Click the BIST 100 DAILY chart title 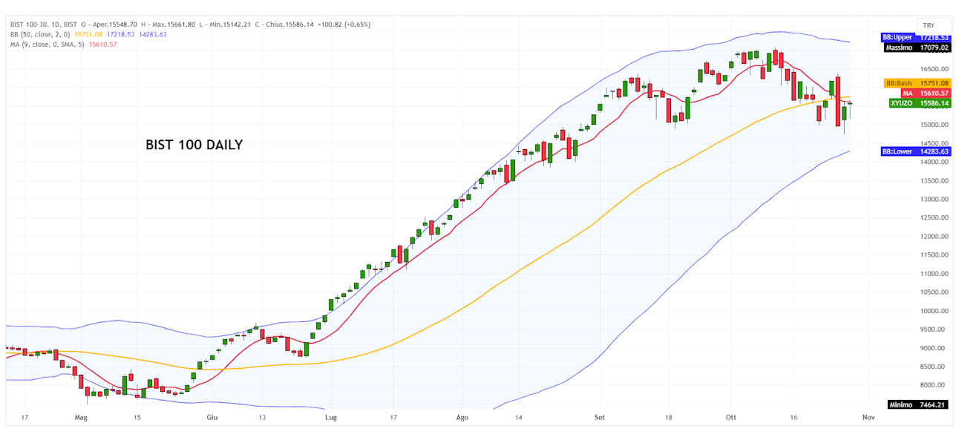coord(194,145)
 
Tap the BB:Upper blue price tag coord(914,37)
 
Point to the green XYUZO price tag coord(920,103)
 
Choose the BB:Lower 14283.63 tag coord(914,151)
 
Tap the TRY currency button coord(929,25)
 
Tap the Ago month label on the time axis coord(462,418)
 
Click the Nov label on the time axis coord(867,418)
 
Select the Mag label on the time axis coord(81,418)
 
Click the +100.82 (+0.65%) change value coord(343,24)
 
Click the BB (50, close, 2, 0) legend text coord(40,34)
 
